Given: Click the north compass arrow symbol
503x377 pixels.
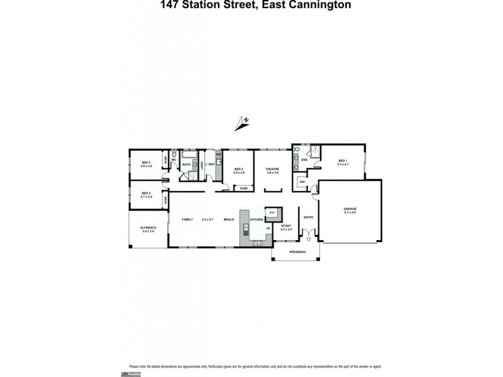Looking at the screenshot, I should [x=242, y=122].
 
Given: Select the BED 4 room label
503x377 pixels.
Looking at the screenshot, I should [x=146, y=193].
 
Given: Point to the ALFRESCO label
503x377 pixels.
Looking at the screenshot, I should [x=148, y=228].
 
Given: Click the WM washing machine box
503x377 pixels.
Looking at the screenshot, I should [x=218, y=154].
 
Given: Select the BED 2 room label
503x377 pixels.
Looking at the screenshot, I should [x=238, y=169].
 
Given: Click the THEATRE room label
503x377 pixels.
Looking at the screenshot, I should [x=272, y=169].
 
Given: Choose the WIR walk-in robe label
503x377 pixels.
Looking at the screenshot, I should [x=302, y=183].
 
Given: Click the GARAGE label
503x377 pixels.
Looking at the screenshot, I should [x=350, y=210].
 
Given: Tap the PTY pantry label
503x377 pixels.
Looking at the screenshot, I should [x=272, y=213].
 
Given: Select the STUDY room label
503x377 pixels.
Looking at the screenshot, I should [x=286, y=226].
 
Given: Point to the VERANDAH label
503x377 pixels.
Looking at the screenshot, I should [x=297, y=252].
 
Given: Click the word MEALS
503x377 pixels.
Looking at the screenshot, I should [x=229, y=219].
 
